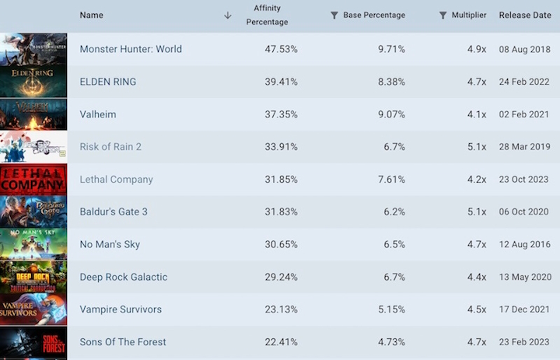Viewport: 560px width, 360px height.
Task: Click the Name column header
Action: coord(91,16)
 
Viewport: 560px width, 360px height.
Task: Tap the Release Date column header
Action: coord(525,16)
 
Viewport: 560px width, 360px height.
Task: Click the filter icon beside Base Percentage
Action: coord(334,16)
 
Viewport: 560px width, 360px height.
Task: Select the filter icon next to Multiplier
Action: coord(443,16)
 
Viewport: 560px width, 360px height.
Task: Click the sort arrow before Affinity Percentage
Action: coord(228,16)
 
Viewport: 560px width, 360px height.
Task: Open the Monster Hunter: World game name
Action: coord(131,49)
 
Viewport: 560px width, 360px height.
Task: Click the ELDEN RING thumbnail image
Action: coord(33,82)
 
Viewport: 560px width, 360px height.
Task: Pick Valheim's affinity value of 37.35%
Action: coord(281,114)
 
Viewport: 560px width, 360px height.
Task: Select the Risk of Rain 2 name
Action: coord(110,147)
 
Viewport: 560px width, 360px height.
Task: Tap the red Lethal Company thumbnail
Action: coord(33,180)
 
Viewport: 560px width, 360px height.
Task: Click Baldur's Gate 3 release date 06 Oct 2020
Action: coord(524,212)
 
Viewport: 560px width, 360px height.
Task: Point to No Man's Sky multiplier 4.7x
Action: coord(477,245)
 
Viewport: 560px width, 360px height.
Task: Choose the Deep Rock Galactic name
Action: coord(123,278)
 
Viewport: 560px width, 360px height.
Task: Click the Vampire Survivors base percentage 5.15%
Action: coord(390,309)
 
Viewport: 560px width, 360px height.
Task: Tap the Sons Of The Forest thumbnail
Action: coord(33,342)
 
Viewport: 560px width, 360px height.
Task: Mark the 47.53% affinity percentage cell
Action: coord(281,49)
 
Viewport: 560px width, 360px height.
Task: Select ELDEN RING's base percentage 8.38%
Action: coord(390,82)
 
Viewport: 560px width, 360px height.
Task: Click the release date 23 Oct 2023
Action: coord(524,180)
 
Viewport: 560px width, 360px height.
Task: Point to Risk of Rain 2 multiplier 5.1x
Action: coord(477,147)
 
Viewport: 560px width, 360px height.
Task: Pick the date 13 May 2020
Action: coord(523,278)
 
